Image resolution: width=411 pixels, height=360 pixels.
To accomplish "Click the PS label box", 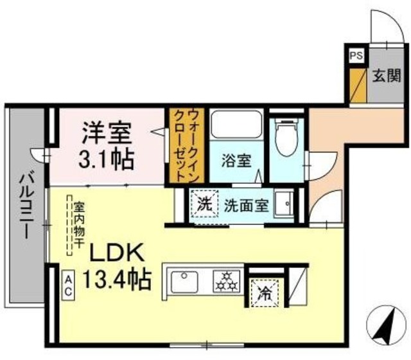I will pyautogui.click(x=355, y=56).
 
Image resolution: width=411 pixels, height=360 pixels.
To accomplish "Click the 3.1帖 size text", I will pyautogui.click(x=106, y=159).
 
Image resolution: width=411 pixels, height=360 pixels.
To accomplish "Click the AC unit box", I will pyautogui.click(x=68, y=284).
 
